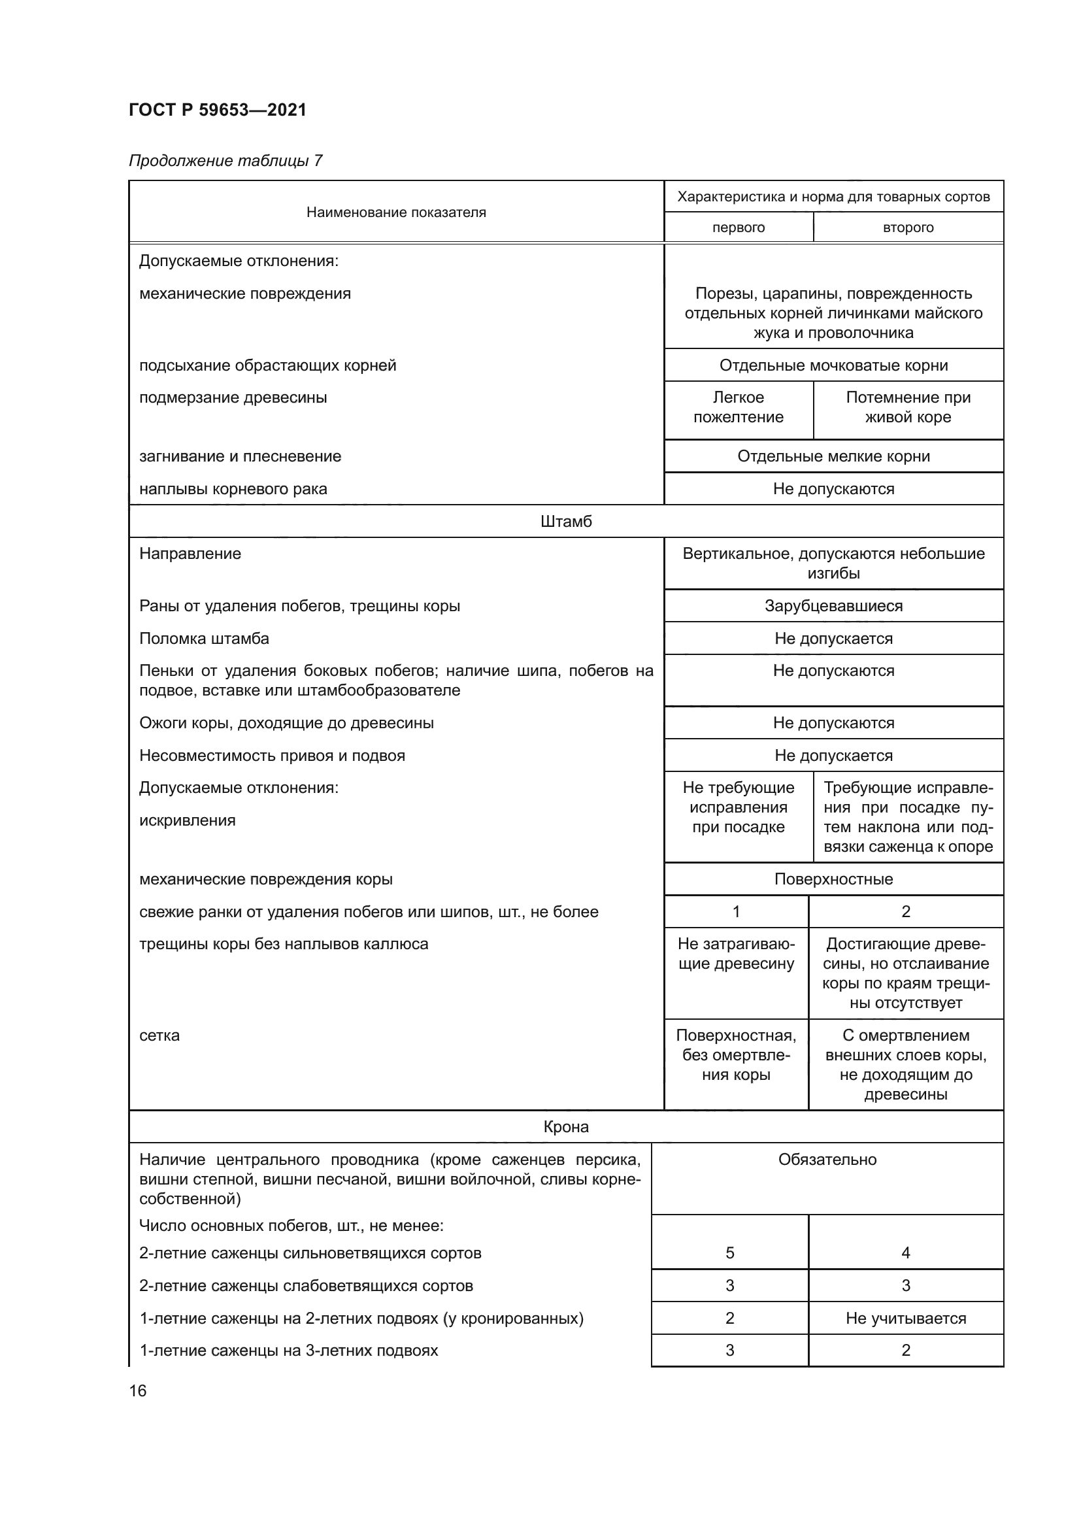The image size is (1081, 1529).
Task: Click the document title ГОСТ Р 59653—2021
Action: [218, 110]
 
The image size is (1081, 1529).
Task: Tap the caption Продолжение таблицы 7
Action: [225, 161]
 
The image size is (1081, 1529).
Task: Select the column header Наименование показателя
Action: [396, 212]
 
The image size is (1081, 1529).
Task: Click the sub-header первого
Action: [738, 227]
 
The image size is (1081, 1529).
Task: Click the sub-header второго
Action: [908, 227]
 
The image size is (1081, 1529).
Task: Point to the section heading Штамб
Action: [566, 522]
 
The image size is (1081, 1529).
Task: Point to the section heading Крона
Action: [566, 1127]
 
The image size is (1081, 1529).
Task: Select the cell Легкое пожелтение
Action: [738, 407]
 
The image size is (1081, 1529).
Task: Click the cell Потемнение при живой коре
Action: [908, 407]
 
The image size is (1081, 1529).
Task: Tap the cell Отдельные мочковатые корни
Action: [833, 365]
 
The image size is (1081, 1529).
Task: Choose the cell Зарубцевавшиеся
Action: [833, 606]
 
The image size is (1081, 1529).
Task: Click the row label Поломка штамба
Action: [205, 639]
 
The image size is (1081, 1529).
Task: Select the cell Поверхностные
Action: [833, 879]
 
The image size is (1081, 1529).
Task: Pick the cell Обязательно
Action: [827, 1160]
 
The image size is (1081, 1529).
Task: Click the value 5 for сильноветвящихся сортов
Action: [729, 1252]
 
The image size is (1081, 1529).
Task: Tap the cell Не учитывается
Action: [905, 1318]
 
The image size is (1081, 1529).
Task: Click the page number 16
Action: [138, 1390]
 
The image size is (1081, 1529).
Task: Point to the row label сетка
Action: [159, 1035]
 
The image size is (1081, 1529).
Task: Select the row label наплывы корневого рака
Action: [233, 489]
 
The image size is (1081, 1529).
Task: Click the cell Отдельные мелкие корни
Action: [833, 456]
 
